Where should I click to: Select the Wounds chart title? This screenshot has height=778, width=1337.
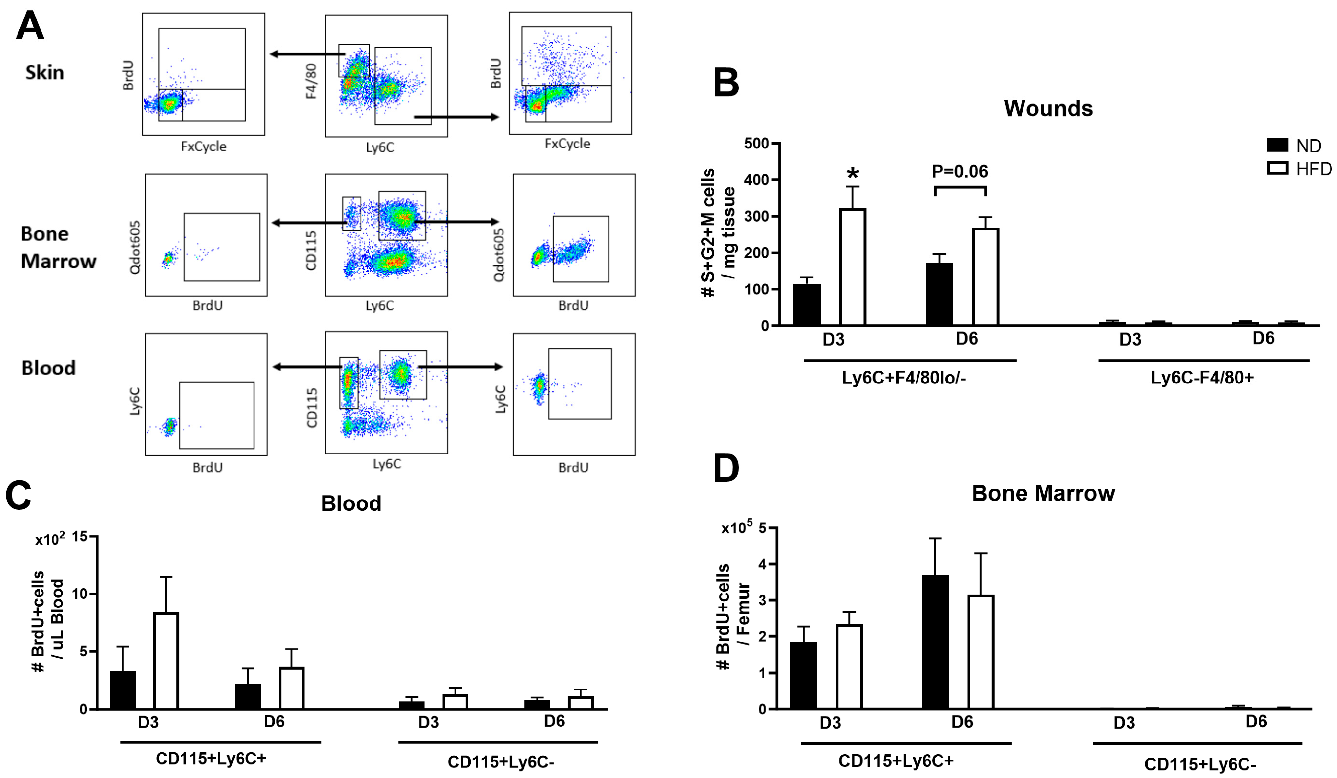(1048, 108)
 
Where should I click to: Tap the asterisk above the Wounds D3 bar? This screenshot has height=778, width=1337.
(853, 173)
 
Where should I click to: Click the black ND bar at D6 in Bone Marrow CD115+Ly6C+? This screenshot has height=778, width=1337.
(935, 642)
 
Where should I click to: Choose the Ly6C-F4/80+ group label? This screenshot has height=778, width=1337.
(1202, 378)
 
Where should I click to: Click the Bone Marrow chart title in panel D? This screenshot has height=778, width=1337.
(1043, 493)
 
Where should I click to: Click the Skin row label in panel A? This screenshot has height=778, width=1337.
(44, 73)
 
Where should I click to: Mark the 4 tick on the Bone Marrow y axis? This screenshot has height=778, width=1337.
(763, 564)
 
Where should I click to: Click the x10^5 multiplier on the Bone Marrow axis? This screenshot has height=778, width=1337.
(736, 528)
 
